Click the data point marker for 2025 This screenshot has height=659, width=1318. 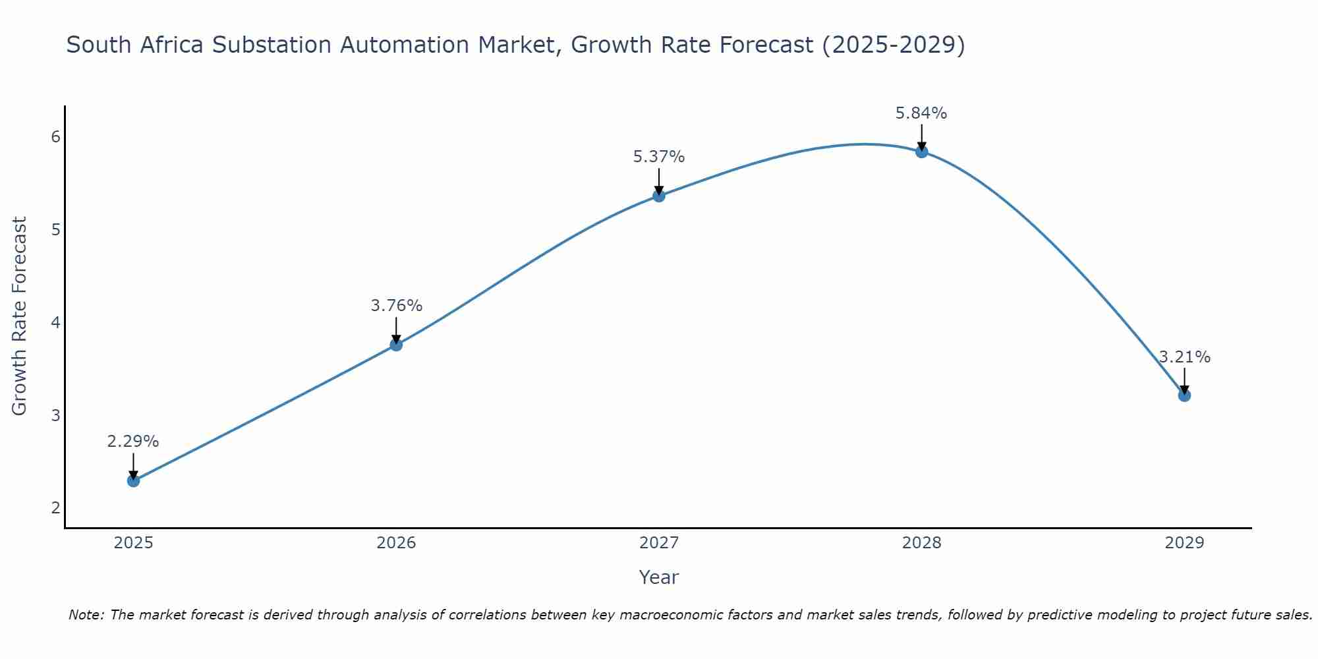point(133,480)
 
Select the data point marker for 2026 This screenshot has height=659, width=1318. point(396,345)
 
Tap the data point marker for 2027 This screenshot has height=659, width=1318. point(659,196)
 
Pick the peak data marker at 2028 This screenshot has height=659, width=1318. point(922,152)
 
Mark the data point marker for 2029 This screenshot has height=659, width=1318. point(1184,395)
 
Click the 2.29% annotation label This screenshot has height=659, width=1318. point(133,442)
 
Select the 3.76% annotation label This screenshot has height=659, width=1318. point(396,306)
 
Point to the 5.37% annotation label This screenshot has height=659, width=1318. point(659,157)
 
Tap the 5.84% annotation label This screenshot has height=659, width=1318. point(921,113)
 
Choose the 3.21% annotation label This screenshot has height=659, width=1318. point(1184,357)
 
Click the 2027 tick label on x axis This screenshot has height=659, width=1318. point(659,543)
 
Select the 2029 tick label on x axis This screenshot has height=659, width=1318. point(1184,543)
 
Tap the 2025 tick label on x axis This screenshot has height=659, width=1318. point(133,543)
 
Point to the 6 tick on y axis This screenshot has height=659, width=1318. point(55,136)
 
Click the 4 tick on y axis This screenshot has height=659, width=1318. point(55,322)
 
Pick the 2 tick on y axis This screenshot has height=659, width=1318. point(55,507)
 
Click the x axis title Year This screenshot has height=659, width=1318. point(659,577)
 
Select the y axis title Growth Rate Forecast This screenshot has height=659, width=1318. point(20,316)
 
